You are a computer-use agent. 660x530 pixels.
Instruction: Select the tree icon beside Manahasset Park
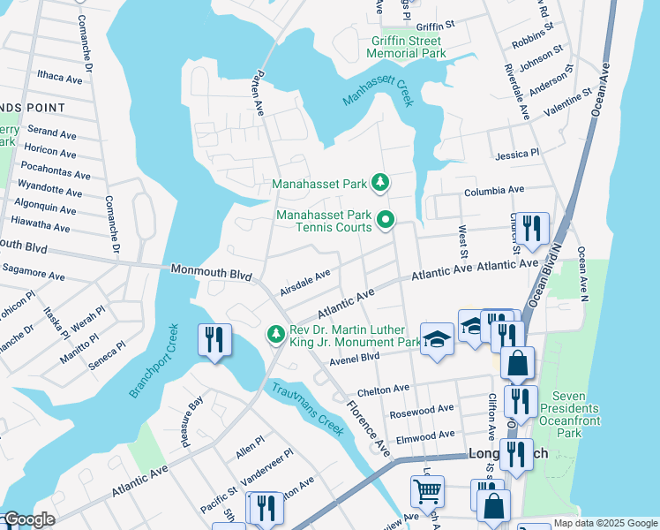click(x=380, y=183)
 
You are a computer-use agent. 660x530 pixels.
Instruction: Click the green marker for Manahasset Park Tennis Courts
click(x=385, y=221)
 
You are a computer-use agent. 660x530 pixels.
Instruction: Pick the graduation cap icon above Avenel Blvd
click(x=437, y=339)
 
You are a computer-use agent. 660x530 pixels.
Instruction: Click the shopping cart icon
click(x=427, y=489)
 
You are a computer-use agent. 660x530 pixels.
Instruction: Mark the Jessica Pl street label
click(x=517, y=155)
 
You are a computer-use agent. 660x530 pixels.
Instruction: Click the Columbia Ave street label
click(x=494, y=191)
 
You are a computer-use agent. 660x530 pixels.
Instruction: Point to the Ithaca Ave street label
click(x=59, y=78)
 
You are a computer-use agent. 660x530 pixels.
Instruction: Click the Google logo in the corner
click(x=28, y=519)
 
